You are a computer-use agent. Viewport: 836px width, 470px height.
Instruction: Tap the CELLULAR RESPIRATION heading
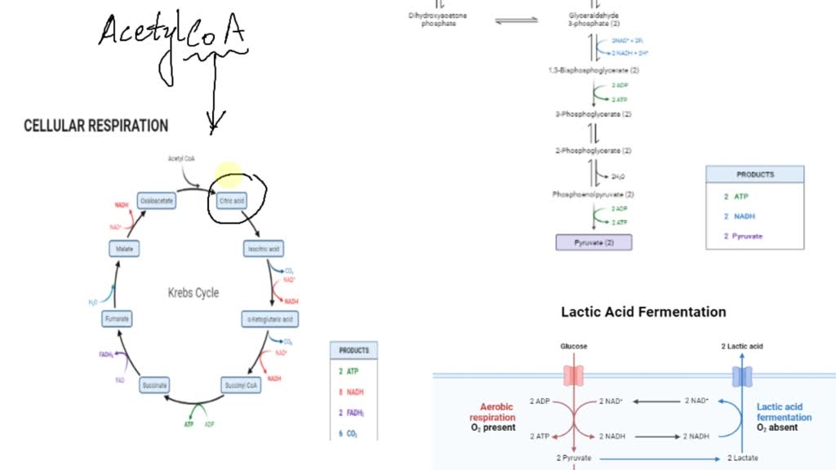click(96, 126)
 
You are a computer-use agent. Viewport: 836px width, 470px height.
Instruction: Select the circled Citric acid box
click(228, 199)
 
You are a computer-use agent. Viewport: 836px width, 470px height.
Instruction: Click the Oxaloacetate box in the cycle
click(157, 200)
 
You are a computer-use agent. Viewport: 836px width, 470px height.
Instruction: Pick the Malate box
click(124, 247)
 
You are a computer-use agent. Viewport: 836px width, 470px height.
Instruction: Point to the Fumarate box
click(118, 318)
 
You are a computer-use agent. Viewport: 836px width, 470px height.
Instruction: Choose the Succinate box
click(154, 385)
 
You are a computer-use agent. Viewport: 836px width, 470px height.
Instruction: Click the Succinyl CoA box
click(242, 385)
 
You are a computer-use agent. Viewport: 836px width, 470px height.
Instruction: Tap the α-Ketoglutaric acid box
click(269, 318)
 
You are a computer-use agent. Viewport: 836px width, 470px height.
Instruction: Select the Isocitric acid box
click(264, 247)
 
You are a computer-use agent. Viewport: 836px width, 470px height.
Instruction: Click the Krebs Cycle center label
click(193, 292)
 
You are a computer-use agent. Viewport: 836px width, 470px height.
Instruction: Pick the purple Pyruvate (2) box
click(594, 242)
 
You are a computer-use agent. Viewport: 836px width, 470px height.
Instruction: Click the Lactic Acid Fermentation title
click(643, 312)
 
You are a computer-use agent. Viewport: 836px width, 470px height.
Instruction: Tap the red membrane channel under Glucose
click(574, 375)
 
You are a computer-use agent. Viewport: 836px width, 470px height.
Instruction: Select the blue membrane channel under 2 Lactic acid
click(741, 375)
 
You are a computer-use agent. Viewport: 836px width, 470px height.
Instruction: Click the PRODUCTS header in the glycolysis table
click(754, 175)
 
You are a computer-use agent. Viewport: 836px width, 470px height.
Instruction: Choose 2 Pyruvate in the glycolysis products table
click(743, 236)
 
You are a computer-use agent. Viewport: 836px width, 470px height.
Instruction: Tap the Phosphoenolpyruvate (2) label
click(594, 194)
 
